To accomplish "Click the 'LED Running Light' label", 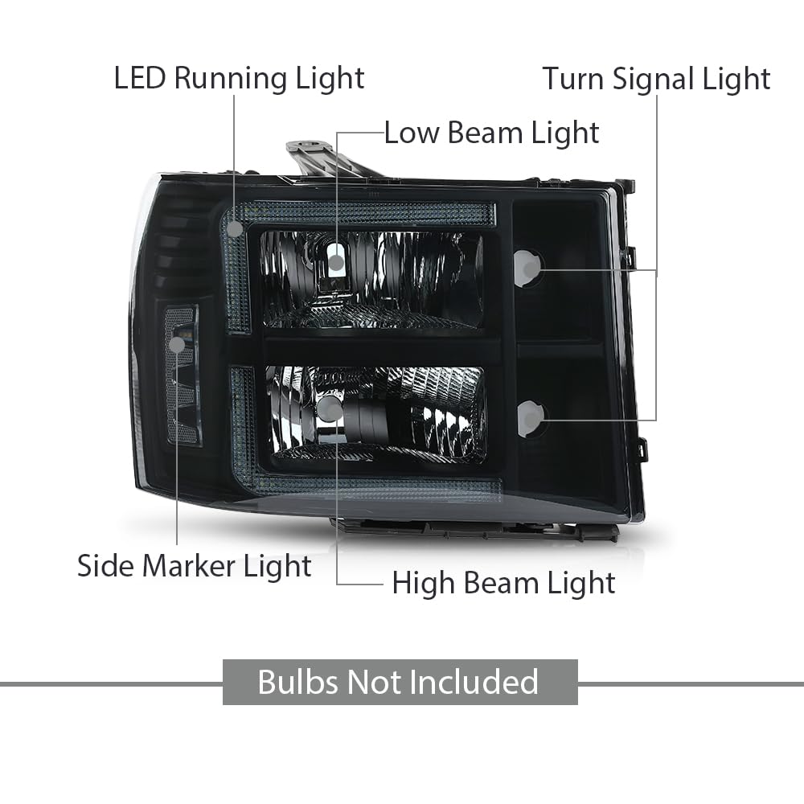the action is [x=239, y=80].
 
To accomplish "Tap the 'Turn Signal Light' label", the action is [x=656, y=80].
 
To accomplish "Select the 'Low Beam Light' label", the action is [x=492, y=133].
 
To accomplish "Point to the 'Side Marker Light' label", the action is [x=195, y=567].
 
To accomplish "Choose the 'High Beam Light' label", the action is [x=503, y=584].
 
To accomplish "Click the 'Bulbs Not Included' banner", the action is [x=400, y=682].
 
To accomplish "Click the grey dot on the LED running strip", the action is [x=235, y=228].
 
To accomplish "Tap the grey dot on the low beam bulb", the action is [x=336, y=263].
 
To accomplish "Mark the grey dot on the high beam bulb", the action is [x=330, y=408].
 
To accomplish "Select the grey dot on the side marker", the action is [x=177, y=345].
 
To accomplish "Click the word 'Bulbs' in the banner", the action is [x=298, y=682].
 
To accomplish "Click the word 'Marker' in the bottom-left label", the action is [x=188, y=567].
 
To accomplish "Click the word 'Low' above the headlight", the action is [x=412, y=133].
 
